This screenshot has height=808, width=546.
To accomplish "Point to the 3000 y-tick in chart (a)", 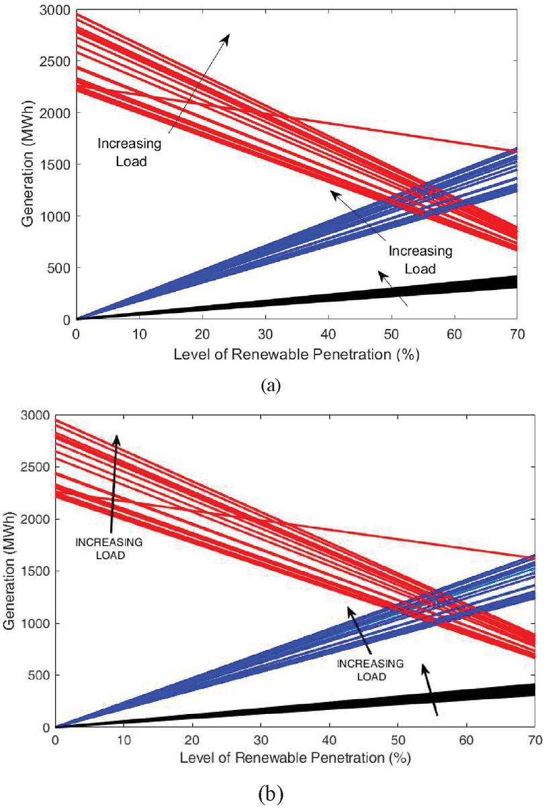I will pyautogui.click(x=57, y=9).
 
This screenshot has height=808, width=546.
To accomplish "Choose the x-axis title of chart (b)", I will pyautogui.click(x=295, y=759).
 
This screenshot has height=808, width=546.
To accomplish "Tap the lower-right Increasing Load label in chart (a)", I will pyautogui.click(x=421, y=260).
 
